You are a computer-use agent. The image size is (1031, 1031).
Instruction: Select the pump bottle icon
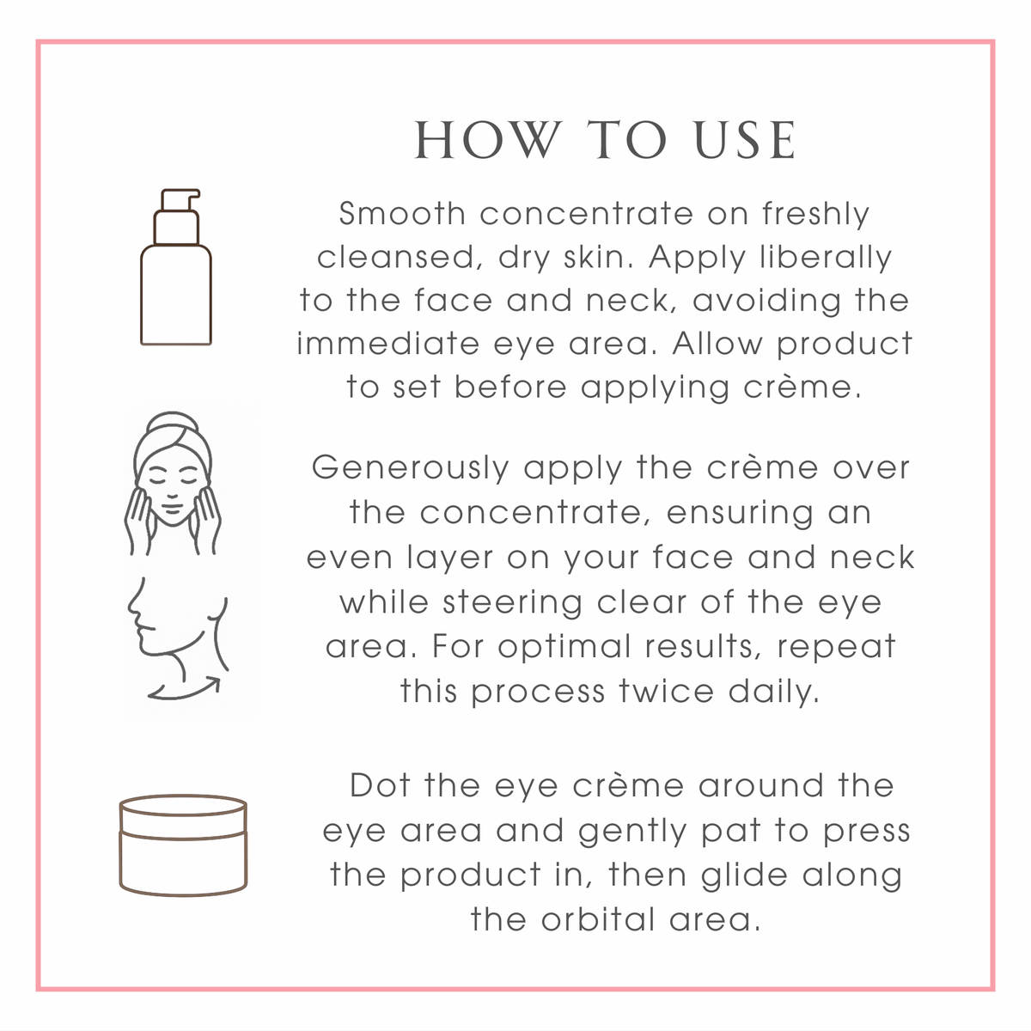point(176,275)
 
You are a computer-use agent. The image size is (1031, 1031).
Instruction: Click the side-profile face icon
point(176,623)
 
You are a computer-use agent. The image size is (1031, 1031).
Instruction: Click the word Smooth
point(402,213)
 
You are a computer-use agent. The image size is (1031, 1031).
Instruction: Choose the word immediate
point(388,344)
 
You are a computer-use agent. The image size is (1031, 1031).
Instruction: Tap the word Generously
point(411,468)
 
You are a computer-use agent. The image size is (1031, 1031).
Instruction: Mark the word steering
point(514,602)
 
